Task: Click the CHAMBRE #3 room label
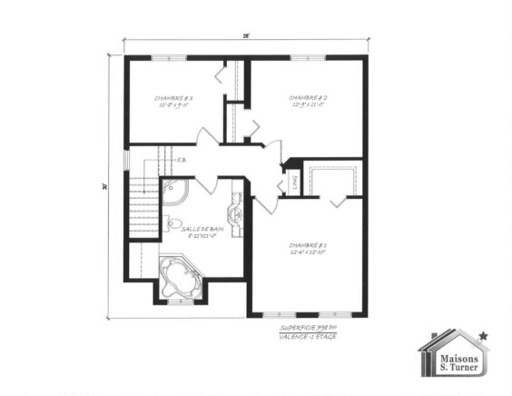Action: pyautogui.click(x=172, y=98)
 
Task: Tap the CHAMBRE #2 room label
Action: pyautogui.click(x=308, y=98)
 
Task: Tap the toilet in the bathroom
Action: pyautogui.click(x=172, y=223)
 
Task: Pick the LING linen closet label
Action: pyautogui.click(x=292, y=183)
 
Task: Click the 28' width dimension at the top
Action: pyautogui.click(x=245, y=36)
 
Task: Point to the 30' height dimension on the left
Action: pyautogui.click(x=106, y=186)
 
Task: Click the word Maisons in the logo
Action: pyautogui.click(x=451, y=358)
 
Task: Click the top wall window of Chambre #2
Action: pyautogui.click(x=306, y=58)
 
